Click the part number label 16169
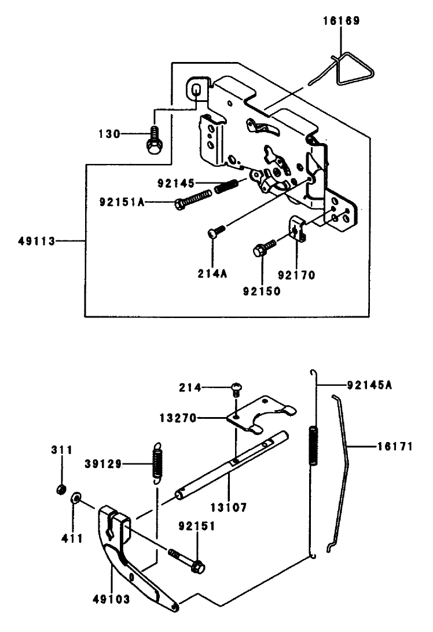341,21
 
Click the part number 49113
36,241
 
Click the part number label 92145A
369,384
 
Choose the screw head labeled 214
236,387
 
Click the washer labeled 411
76,499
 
